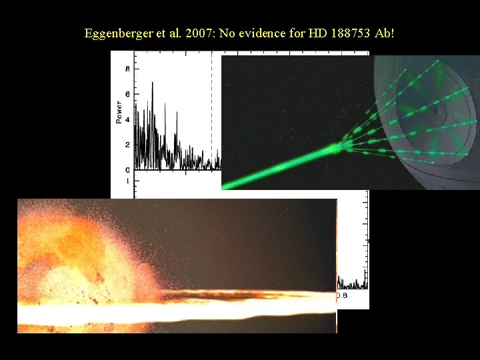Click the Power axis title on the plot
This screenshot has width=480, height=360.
119,112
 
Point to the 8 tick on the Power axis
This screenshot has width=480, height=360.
127,69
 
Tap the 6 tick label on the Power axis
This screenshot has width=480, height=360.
127,94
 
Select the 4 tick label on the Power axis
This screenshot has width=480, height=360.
127,119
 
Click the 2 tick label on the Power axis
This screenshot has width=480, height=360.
127,145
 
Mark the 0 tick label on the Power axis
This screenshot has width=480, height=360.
127,169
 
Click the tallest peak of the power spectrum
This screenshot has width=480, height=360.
153,83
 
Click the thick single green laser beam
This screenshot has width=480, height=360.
280,167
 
